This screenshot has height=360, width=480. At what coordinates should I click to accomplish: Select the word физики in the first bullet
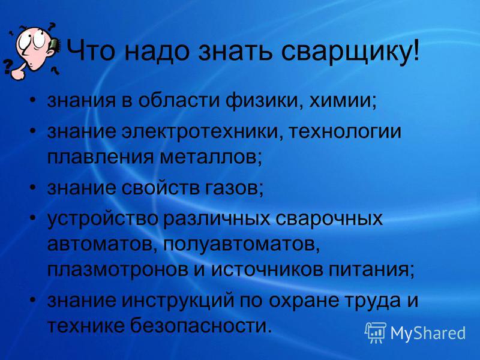[263, 100]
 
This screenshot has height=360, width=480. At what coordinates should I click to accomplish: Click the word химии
[343, 100]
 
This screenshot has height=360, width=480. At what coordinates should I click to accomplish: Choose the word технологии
[345, 131]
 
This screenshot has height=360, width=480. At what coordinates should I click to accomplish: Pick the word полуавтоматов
[241, 244]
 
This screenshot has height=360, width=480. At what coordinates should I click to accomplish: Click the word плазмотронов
[118, 270]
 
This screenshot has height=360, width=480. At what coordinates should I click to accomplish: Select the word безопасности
[201, 325]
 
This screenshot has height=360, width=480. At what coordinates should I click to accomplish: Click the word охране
[304, 301]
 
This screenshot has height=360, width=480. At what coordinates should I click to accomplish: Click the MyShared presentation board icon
[376, 333]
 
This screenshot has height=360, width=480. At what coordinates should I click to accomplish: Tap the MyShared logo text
[428, 333]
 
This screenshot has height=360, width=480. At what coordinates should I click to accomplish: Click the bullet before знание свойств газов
[34, 187]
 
